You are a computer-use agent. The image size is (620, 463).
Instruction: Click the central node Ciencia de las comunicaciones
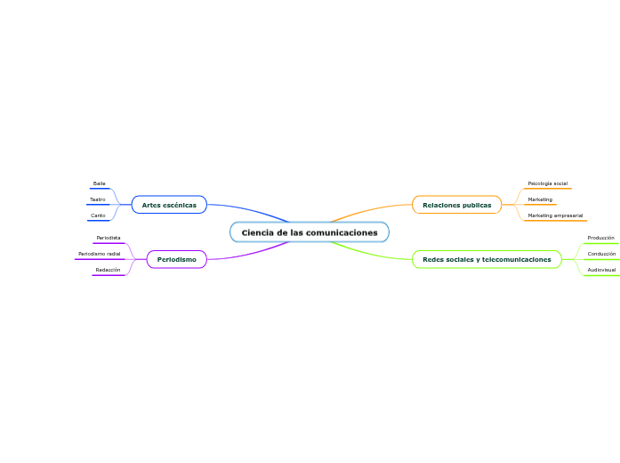coord(310,232)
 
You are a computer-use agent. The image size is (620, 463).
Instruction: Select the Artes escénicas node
coord(169,205)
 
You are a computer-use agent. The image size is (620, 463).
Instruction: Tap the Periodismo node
coord(177,259)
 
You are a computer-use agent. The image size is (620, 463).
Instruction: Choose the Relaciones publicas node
coord(456,205)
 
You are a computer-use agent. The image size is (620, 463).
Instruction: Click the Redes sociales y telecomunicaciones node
coord(487,259)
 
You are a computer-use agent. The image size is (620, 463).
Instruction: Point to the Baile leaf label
coord(99,183)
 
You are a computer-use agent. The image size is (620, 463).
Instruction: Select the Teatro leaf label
coord(98,199)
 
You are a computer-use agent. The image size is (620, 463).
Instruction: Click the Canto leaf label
coord(98,215)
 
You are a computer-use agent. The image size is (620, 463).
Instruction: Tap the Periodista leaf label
coord(109,238)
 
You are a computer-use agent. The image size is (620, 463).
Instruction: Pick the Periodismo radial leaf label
coord(100,254)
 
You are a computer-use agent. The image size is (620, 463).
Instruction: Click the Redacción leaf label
coord(109,270)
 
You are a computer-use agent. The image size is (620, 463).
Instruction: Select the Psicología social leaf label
coord(547,183)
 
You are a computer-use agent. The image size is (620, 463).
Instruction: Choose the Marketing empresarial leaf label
coord(555,215)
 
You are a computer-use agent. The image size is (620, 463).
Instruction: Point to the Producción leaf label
coord(601,238)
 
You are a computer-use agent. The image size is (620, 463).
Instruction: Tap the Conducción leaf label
coord(601,254)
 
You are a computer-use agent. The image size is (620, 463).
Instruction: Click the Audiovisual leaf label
coord(601,270)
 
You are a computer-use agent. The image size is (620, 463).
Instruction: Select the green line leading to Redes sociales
coord(374,253)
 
